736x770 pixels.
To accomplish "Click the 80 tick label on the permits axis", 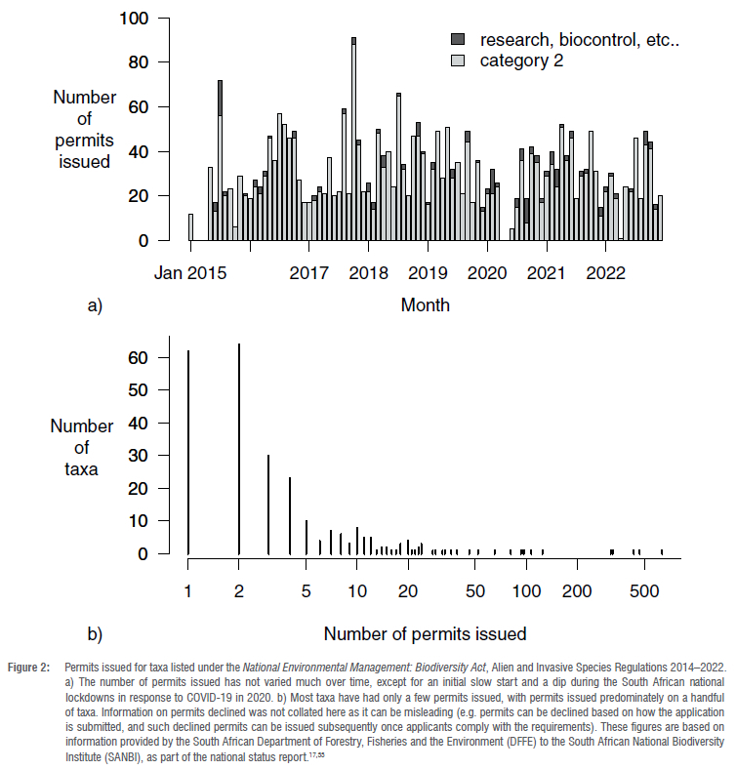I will (x=138, y=62).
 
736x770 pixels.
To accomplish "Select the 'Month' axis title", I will (x=425, y=305).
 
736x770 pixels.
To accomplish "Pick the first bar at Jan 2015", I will (x=190, y=227).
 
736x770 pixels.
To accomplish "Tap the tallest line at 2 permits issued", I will (x=239, y=449).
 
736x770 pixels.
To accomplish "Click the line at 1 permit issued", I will (x=188, y=453).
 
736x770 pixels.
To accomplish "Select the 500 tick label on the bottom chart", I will (x=643, y=591).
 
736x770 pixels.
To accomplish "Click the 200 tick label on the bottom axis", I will (x=578, y=591).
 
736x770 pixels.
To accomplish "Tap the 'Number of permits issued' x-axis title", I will (x=425, y=633).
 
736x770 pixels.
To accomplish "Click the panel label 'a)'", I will (x=95, y=306).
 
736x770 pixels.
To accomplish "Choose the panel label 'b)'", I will (x=95, y=634).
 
